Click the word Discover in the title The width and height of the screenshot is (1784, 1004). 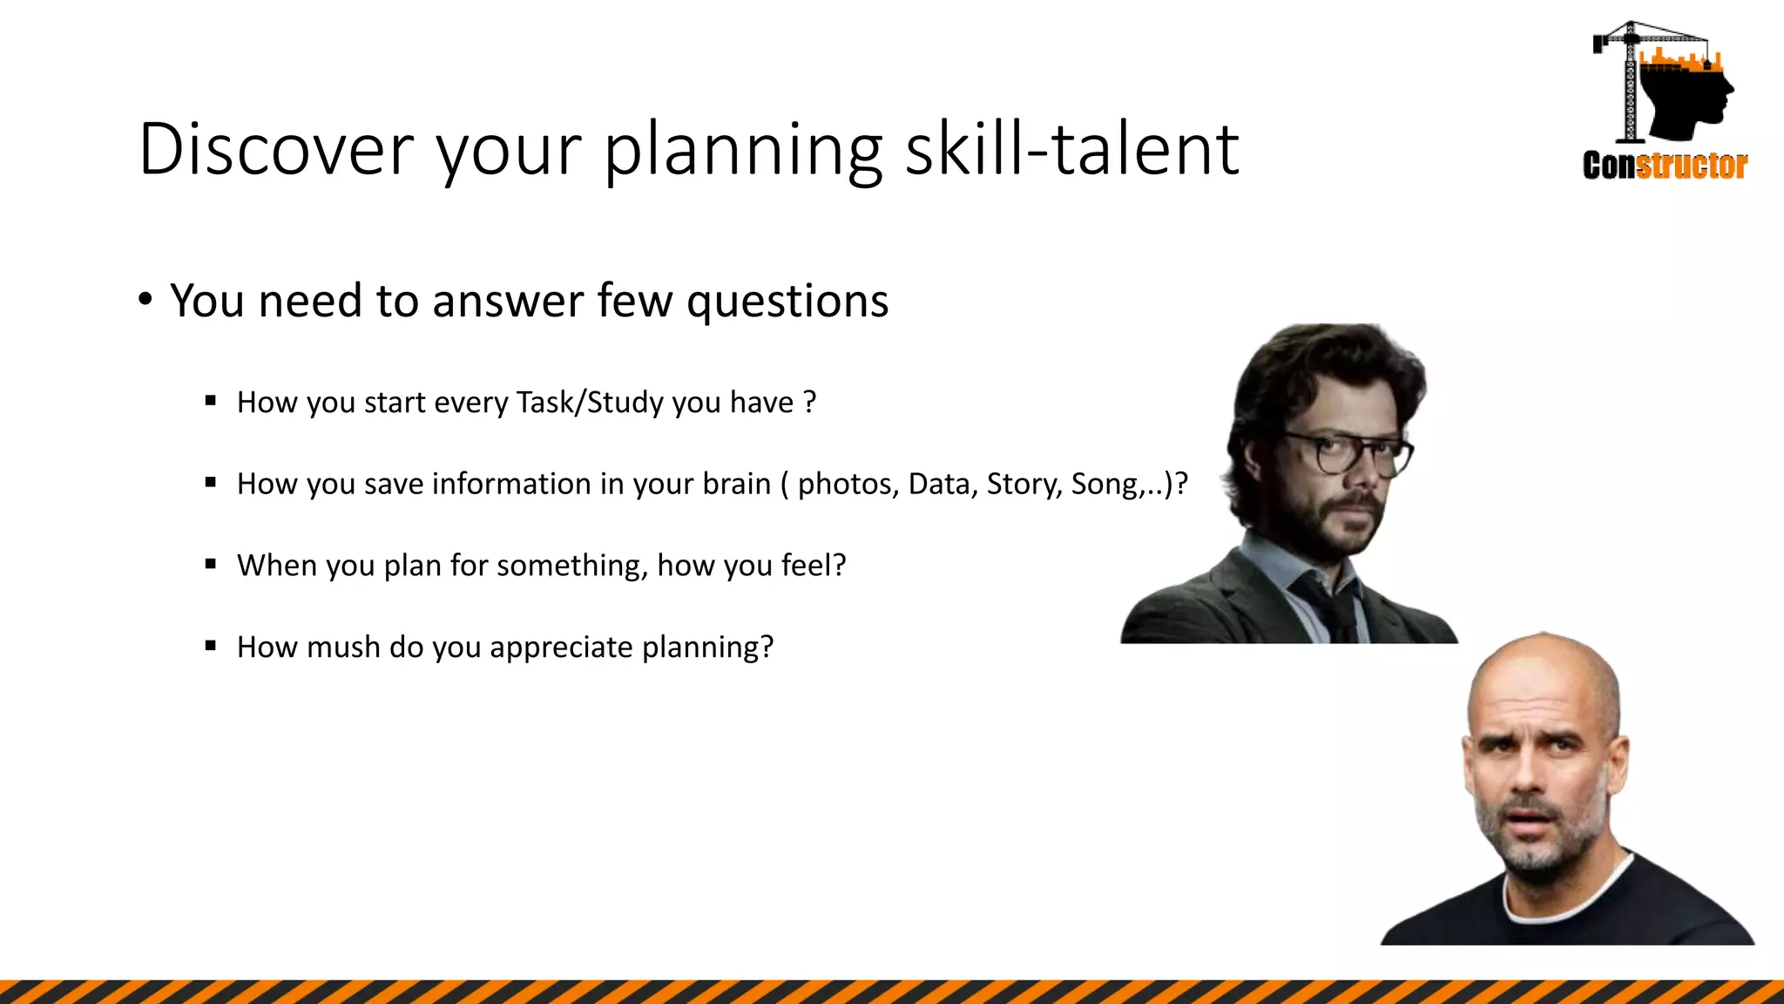tap(275, 150)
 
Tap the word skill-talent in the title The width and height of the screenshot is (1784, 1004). tap(1071, 150)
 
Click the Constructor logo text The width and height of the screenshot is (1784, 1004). tap(1665, 165)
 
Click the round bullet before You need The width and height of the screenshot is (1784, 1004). tap(145, 300)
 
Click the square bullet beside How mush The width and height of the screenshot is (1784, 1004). tap(211, 646)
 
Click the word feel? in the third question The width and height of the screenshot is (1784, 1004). tap(814, 566)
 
